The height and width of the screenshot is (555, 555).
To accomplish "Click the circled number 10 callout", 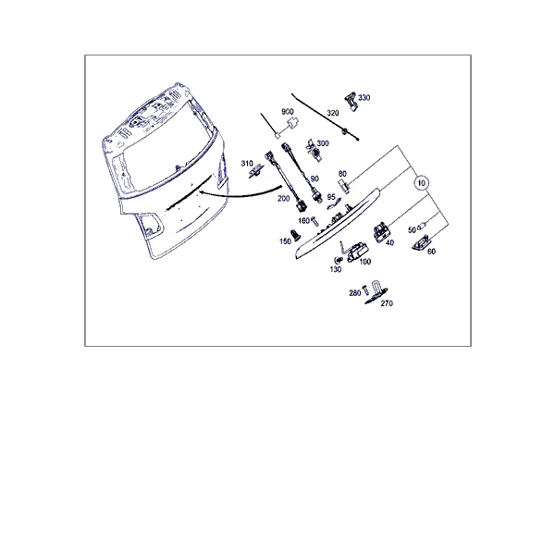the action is click(421, 183).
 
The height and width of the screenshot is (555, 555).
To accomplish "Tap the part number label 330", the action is click(364, 98).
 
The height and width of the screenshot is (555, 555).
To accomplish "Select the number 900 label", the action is click(288, 112).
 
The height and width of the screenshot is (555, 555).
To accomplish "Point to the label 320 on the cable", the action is click(333, 113).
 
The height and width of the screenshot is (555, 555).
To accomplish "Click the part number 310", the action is click(247, 163).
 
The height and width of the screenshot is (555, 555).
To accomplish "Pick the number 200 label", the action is click(284, 199).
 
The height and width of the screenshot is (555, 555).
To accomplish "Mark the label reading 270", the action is click(387, 303).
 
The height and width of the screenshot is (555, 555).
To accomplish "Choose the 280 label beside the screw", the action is click(355, 293).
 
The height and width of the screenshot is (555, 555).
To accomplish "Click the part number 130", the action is click(336, 270).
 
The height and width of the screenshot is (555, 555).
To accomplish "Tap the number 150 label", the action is click(285, 241).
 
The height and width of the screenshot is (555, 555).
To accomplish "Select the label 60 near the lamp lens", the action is click(431, 252).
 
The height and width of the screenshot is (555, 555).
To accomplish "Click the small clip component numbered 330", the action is click(351, 102).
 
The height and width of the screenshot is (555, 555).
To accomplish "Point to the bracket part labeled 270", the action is click(376, 293).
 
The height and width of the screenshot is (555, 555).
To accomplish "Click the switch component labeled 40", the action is click(381, 231).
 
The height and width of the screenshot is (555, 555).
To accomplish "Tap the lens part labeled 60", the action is click(421, 242).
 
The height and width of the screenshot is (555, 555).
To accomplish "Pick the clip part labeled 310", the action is click(256, 172).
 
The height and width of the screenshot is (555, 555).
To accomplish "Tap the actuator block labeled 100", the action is click(357, 253).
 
